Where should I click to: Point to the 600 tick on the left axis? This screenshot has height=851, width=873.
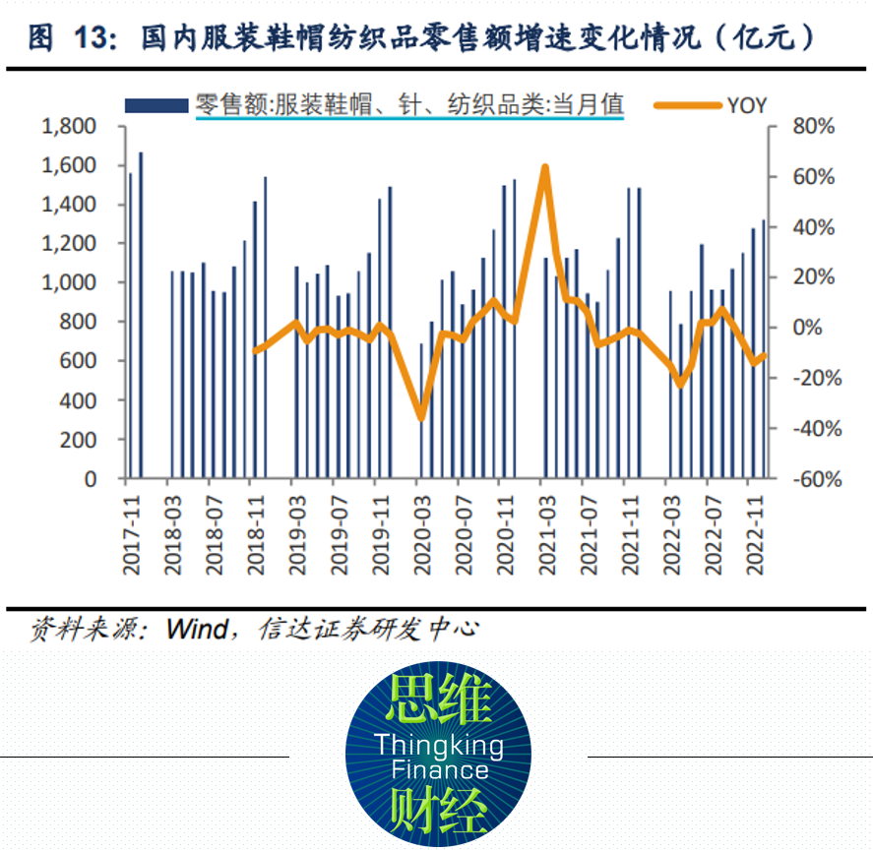coord(83,361)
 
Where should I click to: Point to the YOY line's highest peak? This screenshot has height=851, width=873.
coord(544,167)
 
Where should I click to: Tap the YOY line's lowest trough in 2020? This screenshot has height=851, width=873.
coord(421,418)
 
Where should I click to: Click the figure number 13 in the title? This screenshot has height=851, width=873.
coord(85,38)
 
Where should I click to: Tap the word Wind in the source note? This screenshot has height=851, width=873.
coord(198,628)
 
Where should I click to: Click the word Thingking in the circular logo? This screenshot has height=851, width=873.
coord(438,745)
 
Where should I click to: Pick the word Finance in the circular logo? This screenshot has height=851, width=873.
coord(439,769)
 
